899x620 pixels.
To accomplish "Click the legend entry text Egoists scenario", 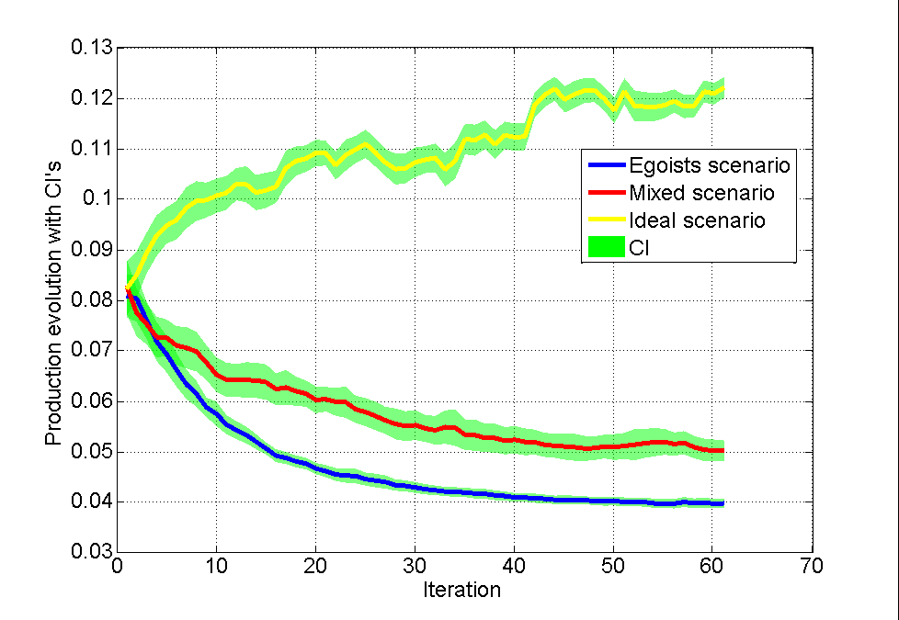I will (x=710, y=166).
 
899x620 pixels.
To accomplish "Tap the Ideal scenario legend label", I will (x=698, y=221).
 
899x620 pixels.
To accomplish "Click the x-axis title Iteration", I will (x=462, y=590).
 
